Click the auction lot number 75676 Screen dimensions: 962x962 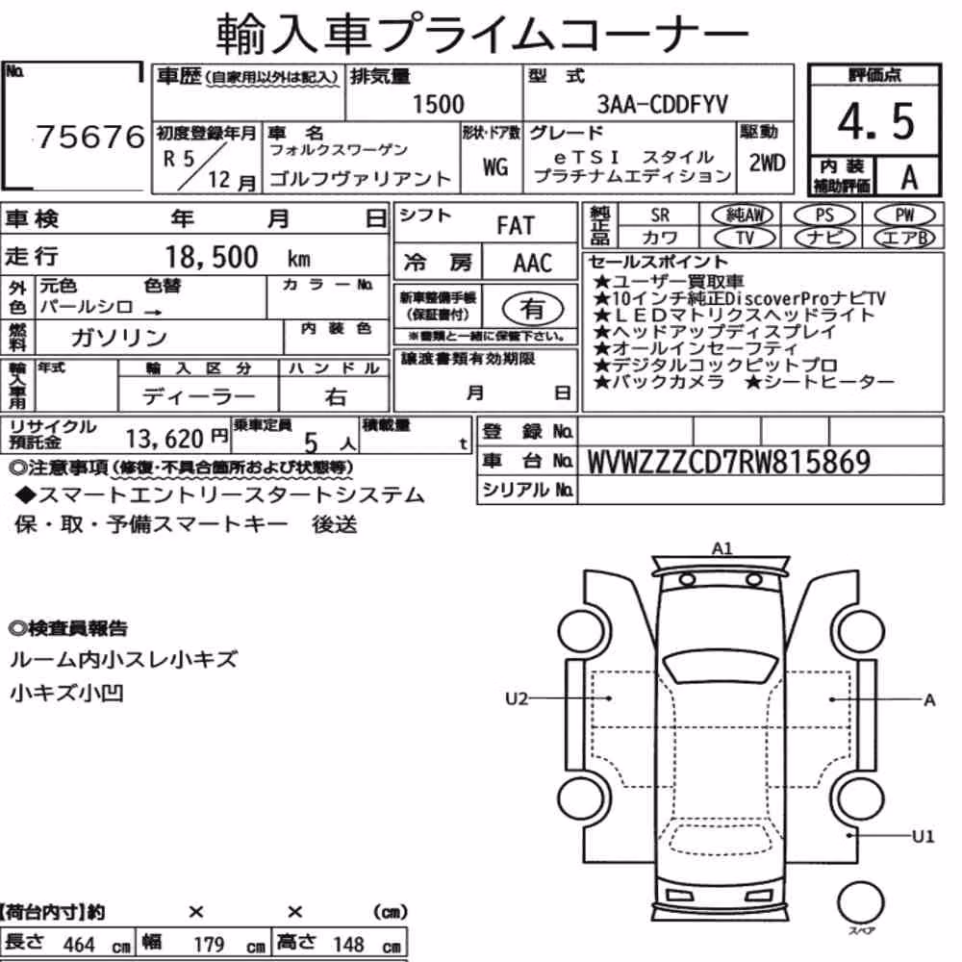click(x=90, y=137)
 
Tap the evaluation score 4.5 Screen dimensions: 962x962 click(x=875, y=121)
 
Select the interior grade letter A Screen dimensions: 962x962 click(x=909, y=177)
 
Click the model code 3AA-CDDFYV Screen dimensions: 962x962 click(x=662, y=104)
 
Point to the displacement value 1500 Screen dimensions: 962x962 click(x=438, y=104)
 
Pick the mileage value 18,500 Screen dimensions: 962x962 click(x=212, y=257)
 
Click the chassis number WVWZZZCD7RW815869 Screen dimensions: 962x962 click(x=729, y=462)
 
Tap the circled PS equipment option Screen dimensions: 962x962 click(x=824, y=215)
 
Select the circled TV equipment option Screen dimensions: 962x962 click(x=746, y=238)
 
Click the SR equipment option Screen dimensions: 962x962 click(x=660, y=215)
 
